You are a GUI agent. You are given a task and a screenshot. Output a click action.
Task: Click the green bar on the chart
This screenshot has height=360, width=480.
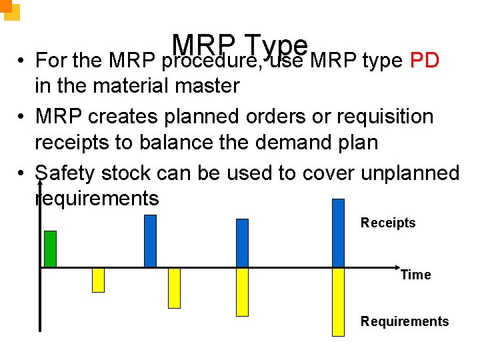click(x=50, y=249)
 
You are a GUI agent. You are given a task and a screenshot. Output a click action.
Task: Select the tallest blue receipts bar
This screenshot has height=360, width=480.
click(x=339, y=233)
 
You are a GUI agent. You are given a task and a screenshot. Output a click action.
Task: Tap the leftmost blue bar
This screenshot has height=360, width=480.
click(x=151, y=241)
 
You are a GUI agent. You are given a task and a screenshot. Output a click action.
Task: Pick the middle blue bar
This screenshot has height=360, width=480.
click(x=242, y=243)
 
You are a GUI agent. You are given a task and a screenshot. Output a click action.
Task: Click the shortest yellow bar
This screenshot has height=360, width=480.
click(x=98, y=280)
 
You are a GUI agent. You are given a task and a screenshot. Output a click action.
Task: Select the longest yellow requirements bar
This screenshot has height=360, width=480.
click(x=339, y=301)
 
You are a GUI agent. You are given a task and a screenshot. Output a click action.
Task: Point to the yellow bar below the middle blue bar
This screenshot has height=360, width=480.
click(x=242, y=292)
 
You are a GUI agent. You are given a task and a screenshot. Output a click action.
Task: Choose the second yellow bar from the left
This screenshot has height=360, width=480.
click(x=174, y=288)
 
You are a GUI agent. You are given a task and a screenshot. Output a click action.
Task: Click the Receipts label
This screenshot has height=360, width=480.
click(x=387, y=223)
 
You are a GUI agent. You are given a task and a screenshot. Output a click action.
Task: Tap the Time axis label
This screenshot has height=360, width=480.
click(x=415, y=275)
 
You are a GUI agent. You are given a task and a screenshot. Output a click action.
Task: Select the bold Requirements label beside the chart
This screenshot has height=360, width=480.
click(x=405, y=321)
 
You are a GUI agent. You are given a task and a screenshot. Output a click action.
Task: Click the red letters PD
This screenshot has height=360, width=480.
click(x=425, y=61)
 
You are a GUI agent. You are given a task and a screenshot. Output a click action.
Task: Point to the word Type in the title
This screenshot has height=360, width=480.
click(x=275, y=45)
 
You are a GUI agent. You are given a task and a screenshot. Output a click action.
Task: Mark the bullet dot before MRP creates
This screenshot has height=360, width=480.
click(x=22, y=117)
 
